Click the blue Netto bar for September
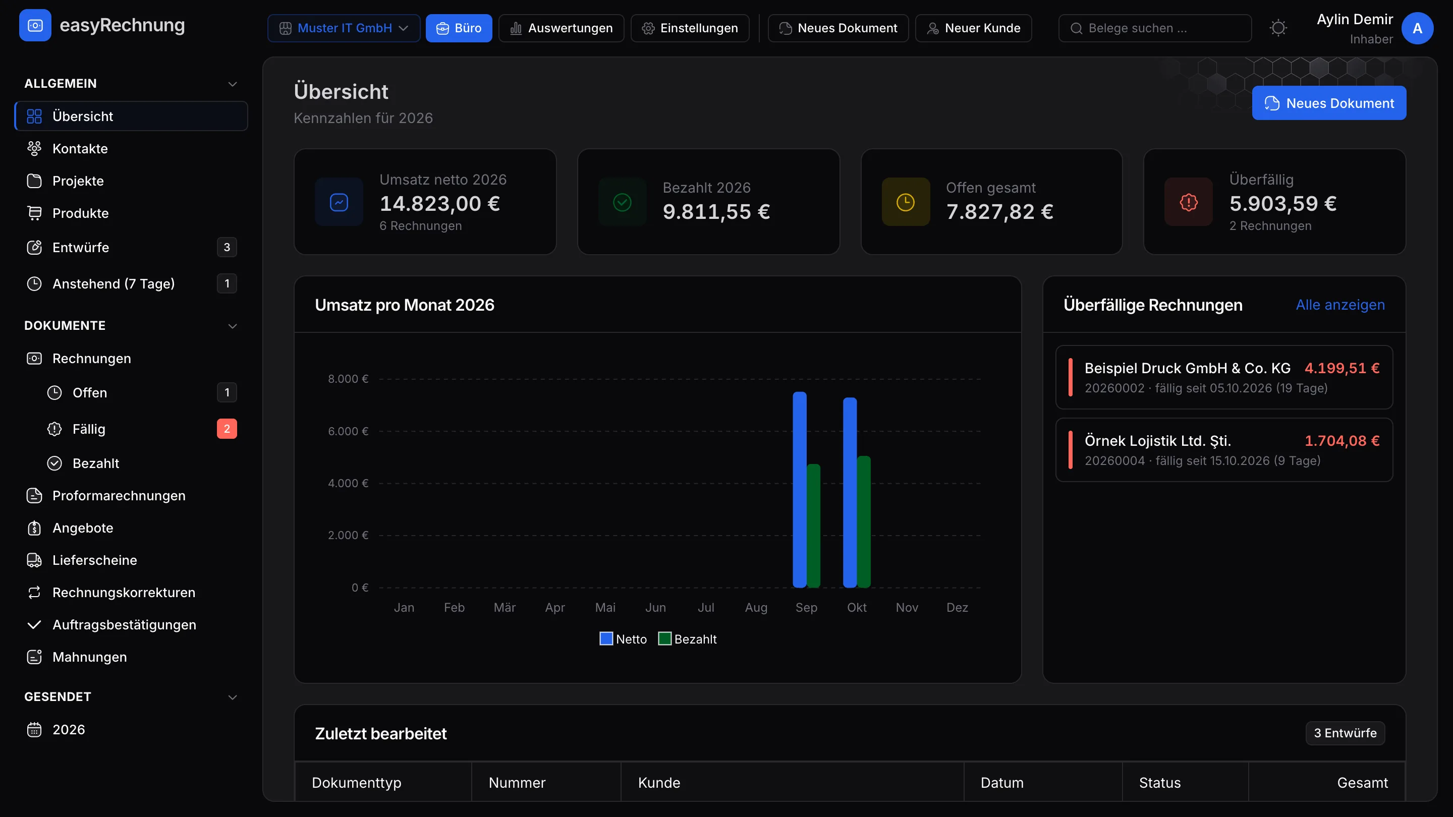pyautogui.click(x=799, y=489)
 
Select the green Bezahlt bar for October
pyautogui.click(x=864, y=521)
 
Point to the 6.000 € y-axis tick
pyautogui.click(x=348, y=431)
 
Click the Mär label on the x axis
pyautogui.click(x=505, y=607)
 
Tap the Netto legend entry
pyautogui.click(x=623, y=639)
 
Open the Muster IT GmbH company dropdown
pyautogui.click(x=344, y=28)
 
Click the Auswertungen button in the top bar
pyautogui.click(x=561, y=28)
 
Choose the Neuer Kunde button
pyautogui.click(x=973, y=28)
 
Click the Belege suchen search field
pyautogui.click(x=1155, y=28)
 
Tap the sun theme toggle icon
pyautogui.click(x=1278, y=28)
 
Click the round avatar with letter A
pyautogui.click(x=1417, y=28)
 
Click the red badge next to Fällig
pyautogui.click(x=227, y=429)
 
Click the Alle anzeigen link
pyautogui.click(x=1340, y=305)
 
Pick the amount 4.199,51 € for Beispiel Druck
pyautogui.click(x=1342, y=368)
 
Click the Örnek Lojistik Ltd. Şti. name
pyautogui.click(x=1157, y=441)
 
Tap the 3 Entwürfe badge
pyautogui.click(x=1345, y=733)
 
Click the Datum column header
pyautogui.click(x=1002, y=783)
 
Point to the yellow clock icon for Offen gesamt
pyautogui.click(x=905, y=202)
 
